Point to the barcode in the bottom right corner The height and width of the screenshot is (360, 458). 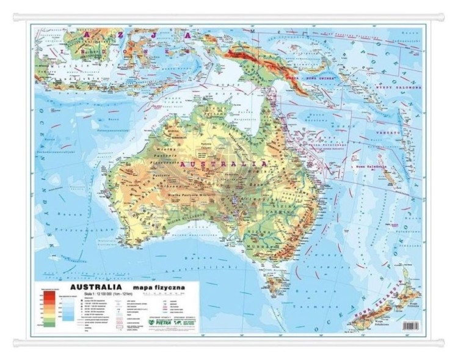(x=402, y=326)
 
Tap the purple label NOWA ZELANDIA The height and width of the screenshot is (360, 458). (x=377, y=305)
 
